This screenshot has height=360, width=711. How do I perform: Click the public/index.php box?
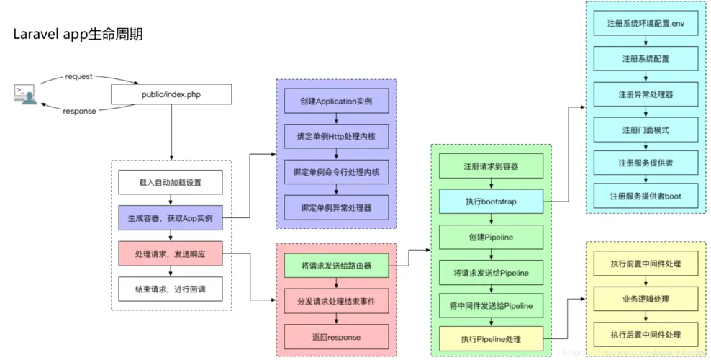(x=171, y=94)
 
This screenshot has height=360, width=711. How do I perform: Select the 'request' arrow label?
(x=78, y=76)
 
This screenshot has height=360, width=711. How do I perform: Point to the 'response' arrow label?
(x=79, y=111)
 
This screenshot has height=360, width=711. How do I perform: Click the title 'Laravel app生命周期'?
(x=78, y=35)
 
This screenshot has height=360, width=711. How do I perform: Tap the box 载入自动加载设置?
(x=171, y=183)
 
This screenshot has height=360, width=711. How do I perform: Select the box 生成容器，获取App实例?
(x=171, y=218)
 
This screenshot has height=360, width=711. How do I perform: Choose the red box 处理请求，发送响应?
(x=171, y=254)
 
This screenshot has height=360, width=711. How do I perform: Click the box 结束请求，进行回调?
(x=171, y=290)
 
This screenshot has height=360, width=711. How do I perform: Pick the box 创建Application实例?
(x=336, y=102)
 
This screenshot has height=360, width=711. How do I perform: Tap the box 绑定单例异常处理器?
(x=336, y=207)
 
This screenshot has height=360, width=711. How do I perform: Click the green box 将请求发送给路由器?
(x=336, y=266)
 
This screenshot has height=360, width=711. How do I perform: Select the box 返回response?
(x=336, y=337)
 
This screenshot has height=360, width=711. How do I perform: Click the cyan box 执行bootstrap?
(x=492, y=202)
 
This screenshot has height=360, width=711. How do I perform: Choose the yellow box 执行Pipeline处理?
(x=492, y=338)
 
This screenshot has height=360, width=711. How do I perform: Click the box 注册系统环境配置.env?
(x=646, y=24)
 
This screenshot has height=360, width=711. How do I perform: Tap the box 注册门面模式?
(x=646, y=130)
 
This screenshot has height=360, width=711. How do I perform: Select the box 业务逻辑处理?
(x=646, y=299)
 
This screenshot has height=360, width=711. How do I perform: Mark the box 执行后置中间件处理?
(x=646, y=335)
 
